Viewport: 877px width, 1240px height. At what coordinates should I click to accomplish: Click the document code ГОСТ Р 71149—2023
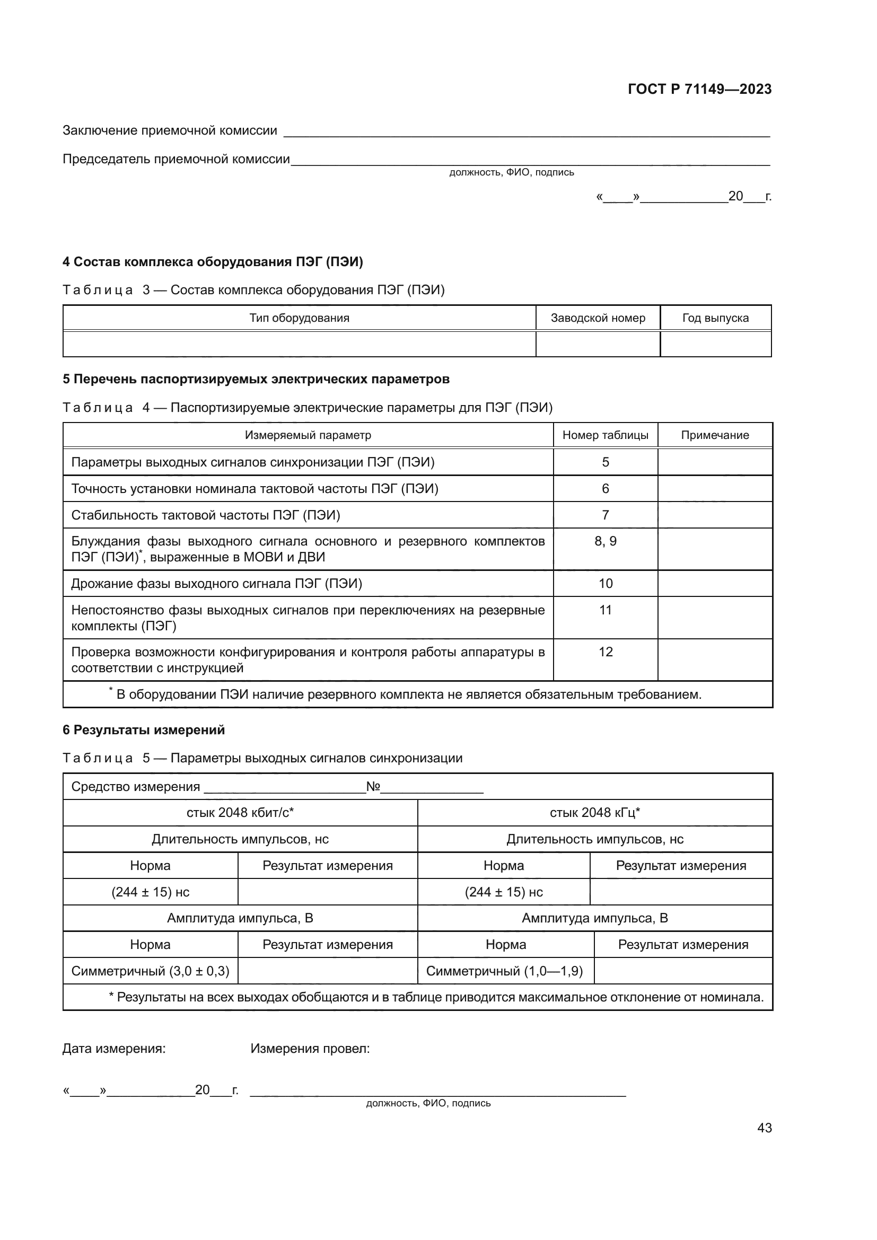pos(699,89)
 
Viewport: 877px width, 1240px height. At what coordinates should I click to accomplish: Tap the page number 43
pos(764,1128)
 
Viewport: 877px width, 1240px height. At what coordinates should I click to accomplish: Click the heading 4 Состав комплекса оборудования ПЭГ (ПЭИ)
pos(213,262)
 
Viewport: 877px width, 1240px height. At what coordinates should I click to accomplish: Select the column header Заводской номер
pos(598,318)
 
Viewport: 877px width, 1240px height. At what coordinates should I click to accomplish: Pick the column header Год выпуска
pos(715,318)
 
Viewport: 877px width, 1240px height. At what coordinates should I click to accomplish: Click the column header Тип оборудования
pos(299,318)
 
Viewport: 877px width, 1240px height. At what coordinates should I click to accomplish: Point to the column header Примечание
pos(714,435)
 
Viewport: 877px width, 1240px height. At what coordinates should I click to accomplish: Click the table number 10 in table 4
pos(606,584)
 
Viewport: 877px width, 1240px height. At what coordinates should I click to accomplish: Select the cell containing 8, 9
pos(606,541)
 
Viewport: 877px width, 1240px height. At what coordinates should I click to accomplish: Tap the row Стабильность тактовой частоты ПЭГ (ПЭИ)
pos(206,515)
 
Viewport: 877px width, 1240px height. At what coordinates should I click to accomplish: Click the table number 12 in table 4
pos(606,652)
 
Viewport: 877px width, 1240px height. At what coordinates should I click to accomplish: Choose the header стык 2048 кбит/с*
pos(240,813)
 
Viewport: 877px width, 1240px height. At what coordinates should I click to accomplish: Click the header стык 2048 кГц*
pos(594,813)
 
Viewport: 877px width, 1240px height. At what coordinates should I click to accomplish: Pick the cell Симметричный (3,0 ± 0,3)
pos(150,971)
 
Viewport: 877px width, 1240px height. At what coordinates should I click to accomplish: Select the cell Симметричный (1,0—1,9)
pos(504,971)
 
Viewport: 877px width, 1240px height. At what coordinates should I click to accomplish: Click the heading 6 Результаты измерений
pos(144,730)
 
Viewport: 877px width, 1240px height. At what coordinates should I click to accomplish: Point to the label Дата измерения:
pos(114,1049)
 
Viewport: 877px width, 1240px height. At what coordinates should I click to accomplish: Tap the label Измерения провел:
pos(310,1049)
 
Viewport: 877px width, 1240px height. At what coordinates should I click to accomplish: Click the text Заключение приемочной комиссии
pos(170,131)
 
